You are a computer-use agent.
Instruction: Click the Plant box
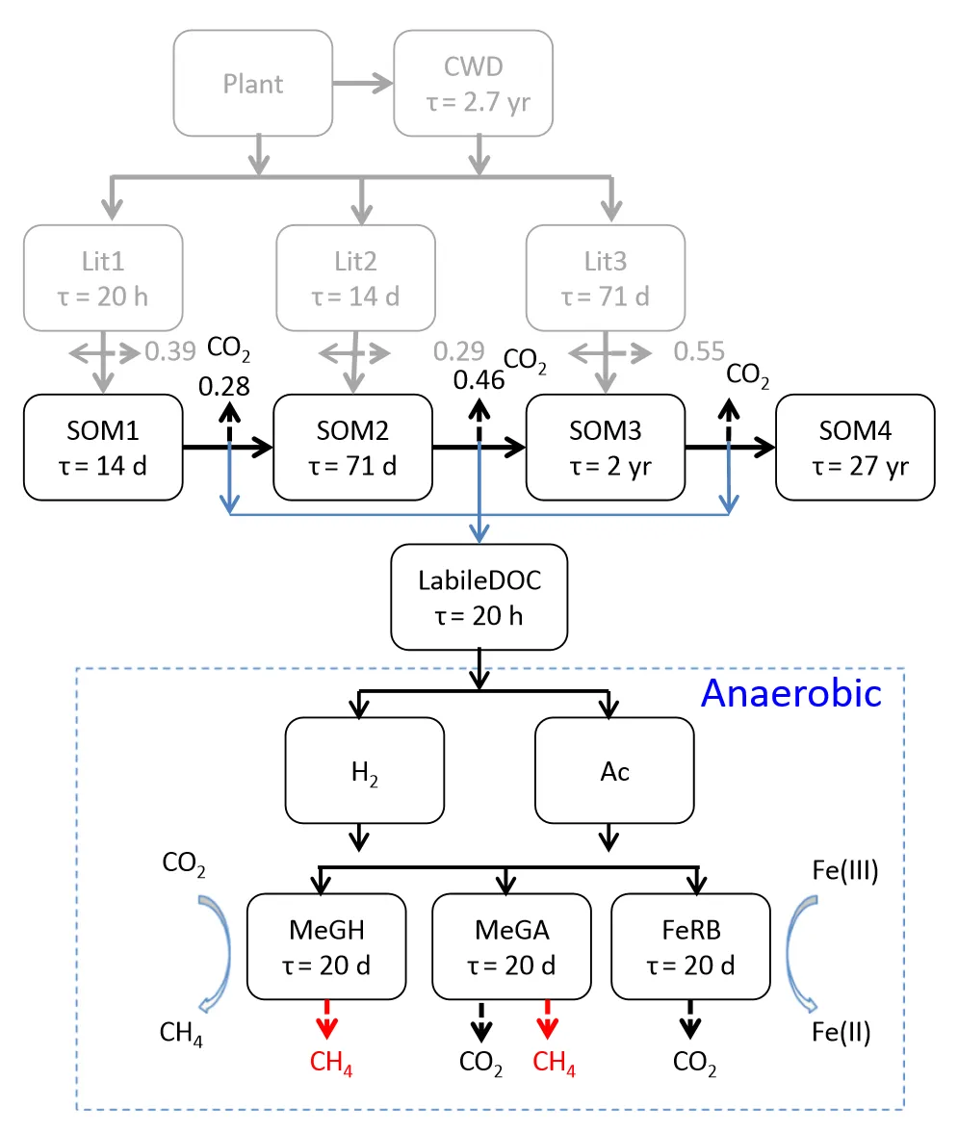tap(254, 84)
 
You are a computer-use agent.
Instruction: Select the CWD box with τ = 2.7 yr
tap(473, 84)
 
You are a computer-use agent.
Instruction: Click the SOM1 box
tap(102, 447)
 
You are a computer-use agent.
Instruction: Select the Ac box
tap(614, 770)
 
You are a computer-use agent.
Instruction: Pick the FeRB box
tap(690, 946)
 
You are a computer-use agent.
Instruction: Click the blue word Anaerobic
tap(790, 692)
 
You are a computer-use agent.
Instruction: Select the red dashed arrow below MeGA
tap(548, 1018)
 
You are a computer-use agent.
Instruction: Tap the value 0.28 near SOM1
tap(224, 387)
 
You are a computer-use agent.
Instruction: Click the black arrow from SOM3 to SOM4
tap(729, 447)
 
